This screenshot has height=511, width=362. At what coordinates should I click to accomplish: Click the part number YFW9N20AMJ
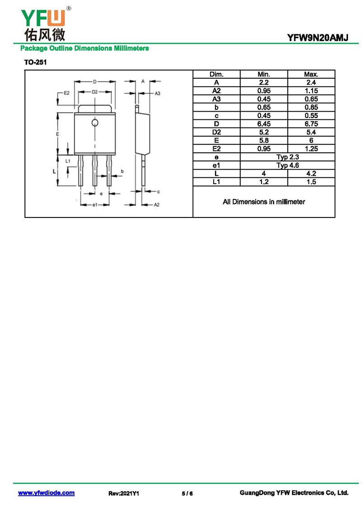(318, 38)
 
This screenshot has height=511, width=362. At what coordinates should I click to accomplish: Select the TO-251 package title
(35, 62)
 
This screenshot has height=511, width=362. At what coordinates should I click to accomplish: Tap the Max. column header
(311, 74)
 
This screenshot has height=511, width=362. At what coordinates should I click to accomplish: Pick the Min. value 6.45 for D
(264, 124)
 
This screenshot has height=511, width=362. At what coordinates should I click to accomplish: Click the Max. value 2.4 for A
(311, 82)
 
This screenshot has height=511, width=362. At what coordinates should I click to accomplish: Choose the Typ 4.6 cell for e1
(288, 165)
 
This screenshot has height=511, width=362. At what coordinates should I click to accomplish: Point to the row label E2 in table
(216, 149)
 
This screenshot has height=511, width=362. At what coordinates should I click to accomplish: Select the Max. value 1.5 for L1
(311, 182)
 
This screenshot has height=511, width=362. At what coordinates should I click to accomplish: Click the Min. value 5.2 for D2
(264, 132)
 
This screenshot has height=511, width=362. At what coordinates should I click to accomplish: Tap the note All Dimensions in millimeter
(264, 202)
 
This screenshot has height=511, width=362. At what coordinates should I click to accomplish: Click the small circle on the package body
(95, 123)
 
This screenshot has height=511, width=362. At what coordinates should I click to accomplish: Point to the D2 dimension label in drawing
(95, 92)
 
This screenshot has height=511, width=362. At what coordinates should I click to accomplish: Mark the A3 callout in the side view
(157, 94)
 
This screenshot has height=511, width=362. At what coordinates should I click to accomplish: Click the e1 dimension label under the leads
(95, 205)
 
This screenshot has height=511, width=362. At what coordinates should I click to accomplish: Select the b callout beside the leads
(122, 171)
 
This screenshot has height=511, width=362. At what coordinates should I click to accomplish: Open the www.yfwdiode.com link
(46, 493)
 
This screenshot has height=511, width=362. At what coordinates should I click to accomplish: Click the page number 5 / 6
(187, 493)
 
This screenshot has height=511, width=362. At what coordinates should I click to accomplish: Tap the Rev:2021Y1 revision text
(124, 493)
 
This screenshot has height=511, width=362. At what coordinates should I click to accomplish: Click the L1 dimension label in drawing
(68, 161)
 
